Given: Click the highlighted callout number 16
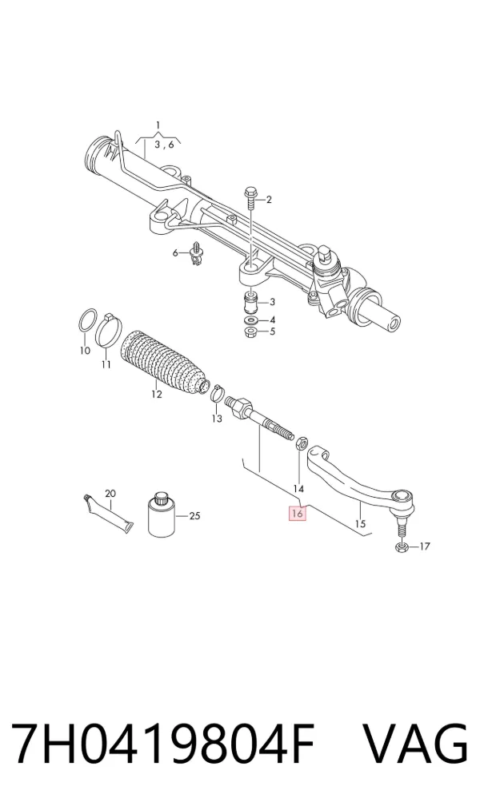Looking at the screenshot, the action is coord(298,514).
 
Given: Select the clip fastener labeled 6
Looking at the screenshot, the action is coord(195,254).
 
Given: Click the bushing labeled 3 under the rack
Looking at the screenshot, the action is coord(251,304).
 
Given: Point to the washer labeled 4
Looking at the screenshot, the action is coord(251,322).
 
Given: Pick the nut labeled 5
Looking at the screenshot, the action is coord(251,332).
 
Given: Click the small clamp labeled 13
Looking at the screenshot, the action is coord(217,392).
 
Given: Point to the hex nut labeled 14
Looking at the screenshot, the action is coord(301,443).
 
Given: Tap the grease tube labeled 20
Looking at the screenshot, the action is coord(108,514).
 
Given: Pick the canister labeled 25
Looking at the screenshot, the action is coord(161,514).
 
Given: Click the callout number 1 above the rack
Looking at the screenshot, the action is coord(158,125).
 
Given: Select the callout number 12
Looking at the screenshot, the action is coord(156,395).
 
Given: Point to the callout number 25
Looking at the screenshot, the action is coord(194,515).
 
